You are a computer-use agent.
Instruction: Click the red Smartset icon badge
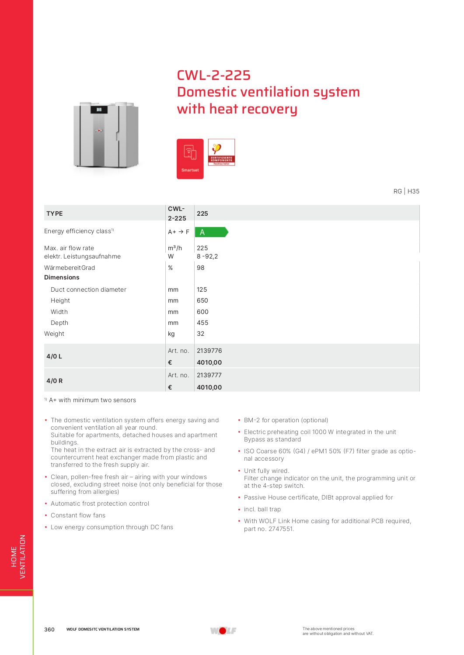pos(190,159)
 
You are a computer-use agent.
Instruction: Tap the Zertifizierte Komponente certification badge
pos(221,152)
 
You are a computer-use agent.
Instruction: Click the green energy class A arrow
pos(211,232)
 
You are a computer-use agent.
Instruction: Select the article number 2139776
pos(209,351)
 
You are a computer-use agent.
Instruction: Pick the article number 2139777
pos(209,375)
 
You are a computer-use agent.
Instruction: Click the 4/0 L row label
pos(54,356)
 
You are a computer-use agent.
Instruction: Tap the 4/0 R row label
pos(54,381)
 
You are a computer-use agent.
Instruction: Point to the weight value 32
pos(200,334)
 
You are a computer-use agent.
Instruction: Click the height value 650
pos(202,300)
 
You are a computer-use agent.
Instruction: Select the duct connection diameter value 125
pos(202,290)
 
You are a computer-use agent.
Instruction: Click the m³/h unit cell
pos(174,248)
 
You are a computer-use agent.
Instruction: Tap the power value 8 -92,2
pos(207,256)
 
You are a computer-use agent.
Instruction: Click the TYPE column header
pos(55,214)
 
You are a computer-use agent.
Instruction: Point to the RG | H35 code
pos(406,191)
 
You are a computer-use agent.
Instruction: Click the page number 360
pos(49,629)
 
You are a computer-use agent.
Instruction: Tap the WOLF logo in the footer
pos(223,631)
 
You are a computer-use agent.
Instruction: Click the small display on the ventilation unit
pos(99,110)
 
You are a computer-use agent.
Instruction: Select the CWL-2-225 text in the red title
pos(213,75)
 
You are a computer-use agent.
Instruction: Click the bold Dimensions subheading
pos(62,277)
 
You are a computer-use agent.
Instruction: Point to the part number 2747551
pos(281,529)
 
